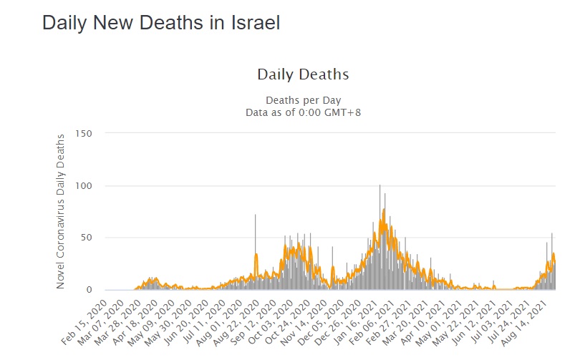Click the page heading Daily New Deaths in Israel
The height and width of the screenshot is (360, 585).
(x=160, y=23)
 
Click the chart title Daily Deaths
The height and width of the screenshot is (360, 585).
(x=303, y=74)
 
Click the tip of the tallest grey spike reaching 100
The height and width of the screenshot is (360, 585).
(x=379, y=186)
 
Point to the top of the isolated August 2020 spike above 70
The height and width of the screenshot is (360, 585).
(x=255, y=215)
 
